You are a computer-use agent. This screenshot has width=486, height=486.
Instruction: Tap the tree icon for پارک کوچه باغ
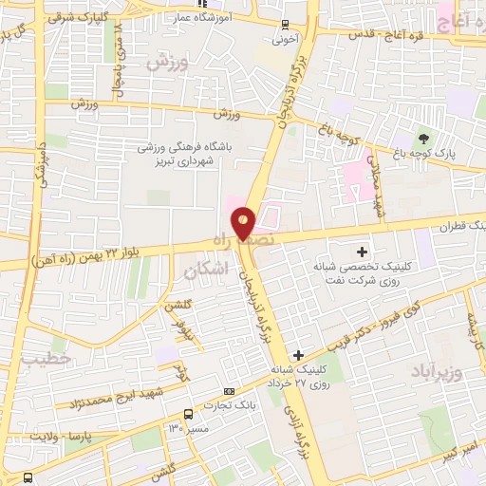[422, 139]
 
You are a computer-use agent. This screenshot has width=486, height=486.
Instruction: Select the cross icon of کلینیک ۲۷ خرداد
[299, 354]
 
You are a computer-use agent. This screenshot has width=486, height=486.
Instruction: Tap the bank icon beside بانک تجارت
[228, 391]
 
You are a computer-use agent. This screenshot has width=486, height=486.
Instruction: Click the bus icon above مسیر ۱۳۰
[188, 414]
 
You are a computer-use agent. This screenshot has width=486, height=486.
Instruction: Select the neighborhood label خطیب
[42, 360]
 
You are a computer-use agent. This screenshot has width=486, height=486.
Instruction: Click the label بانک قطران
[456, 227]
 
